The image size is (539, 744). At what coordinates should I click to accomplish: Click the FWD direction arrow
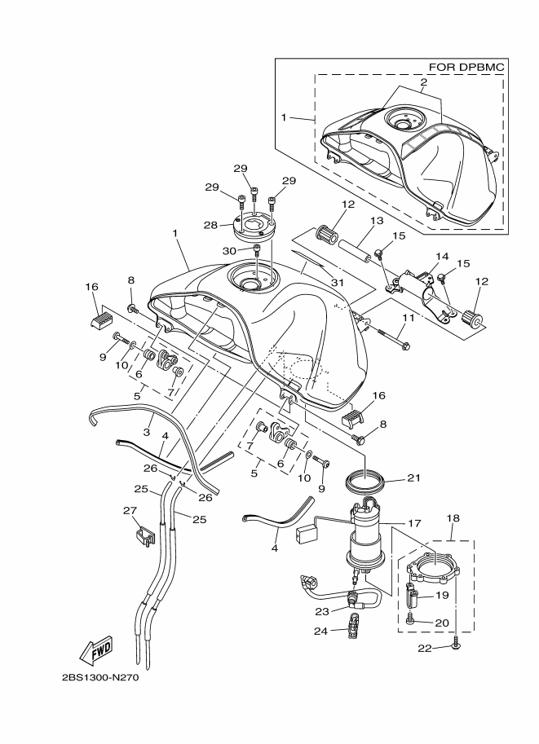click(x=96, y=649)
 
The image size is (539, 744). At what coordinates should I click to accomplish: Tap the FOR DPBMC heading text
click(x=465, y=67)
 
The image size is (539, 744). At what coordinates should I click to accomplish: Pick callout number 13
click(x=376, y=220)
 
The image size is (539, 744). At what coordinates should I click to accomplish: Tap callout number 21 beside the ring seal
click(x=413, y=479)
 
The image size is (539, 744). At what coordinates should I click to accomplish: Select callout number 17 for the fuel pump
click(x=413, y=524)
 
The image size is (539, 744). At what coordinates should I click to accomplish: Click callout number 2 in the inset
click(x=424, y=82)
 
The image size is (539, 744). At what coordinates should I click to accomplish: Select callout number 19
click(x=444, y=595)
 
